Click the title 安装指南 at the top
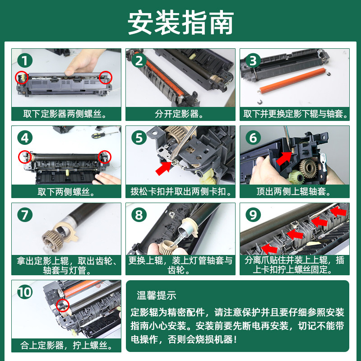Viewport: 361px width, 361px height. pos(181,23)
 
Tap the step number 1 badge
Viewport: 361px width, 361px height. pos(25,60)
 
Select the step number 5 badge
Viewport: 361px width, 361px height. pos(139,138)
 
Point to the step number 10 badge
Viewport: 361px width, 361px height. pos(25,292)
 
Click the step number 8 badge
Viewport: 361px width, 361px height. pos(139,215)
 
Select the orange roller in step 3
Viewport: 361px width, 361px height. pos(292,81)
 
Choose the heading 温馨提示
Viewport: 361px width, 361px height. pos(156,296)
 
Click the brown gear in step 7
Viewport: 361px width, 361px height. pos(52,241)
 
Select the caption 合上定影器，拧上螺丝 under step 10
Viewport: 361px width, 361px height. pos(66,345)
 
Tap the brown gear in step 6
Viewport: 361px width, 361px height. pos(308,168)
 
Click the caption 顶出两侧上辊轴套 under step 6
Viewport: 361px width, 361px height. pos(294,191)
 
